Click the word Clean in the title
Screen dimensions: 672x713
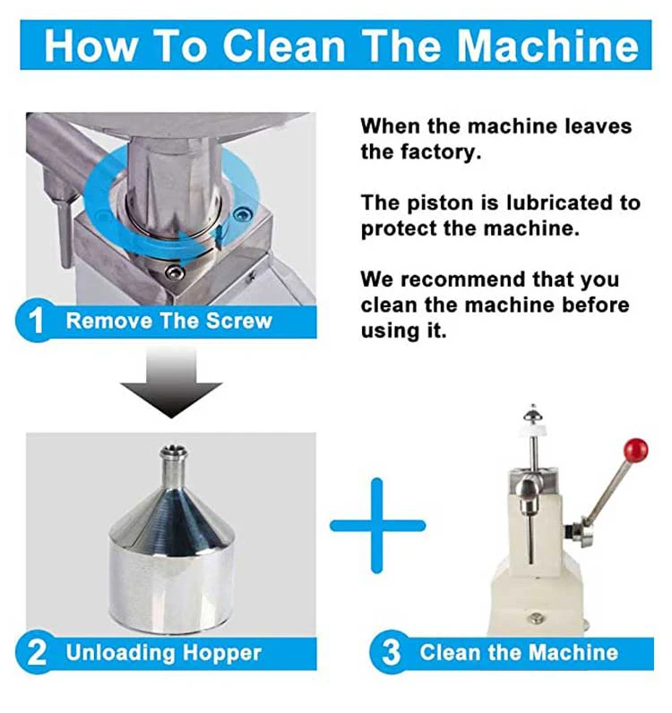(x=285, y=46)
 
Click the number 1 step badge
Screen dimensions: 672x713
(x=35, y=322)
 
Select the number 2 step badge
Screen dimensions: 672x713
(x=35, y=653)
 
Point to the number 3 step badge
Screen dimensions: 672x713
(x=390, y=653)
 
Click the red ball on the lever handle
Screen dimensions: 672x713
(x=635, y=450)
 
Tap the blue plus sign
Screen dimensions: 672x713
(x=377, y=526)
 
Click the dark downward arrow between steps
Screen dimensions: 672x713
(x=171, y=382)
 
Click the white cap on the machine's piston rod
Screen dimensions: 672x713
(x=532, y=427)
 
